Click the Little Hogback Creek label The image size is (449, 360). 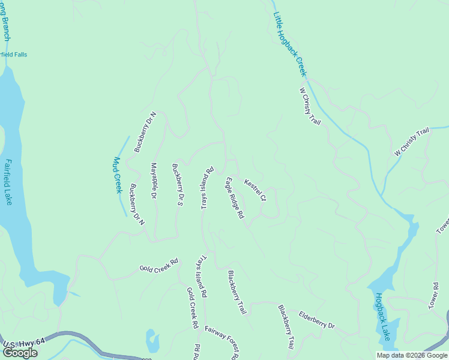click(290, 44)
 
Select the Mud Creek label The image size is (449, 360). click(118, 175)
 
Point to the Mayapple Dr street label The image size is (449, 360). click(154, 181)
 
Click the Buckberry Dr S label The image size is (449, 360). click(177, 185)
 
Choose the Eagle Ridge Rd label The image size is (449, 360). click(235, 197)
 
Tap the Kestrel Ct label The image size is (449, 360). click(255, 190)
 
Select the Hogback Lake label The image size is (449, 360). click(382, 316)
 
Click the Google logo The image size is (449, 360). click(20, 353)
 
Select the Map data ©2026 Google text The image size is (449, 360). click(412, 355)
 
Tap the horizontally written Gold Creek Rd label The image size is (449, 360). click(159, 265)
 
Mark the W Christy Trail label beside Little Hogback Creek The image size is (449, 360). click(310, 106)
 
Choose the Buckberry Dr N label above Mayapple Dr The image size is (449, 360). click(145, 132)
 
